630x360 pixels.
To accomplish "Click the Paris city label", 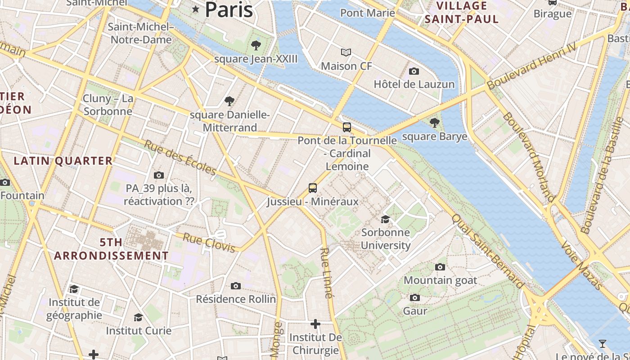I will click(x=229, y=10).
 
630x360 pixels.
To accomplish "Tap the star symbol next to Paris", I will click(x=195, y=9).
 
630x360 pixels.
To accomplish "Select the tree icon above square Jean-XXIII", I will click(x=256, y=45).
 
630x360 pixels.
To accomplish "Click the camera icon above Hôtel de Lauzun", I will click(x=414, y=71).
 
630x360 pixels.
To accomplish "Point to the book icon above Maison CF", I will click(x=346, y=53).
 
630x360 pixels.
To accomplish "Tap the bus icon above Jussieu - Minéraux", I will click(x=313, y=188).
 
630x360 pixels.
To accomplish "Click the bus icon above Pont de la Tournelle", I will click(x=346, y=127).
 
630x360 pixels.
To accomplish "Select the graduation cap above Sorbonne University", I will click(x=385, y=219).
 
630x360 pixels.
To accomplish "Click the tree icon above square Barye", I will click(x=434, y=122).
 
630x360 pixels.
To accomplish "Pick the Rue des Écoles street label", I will click(x=180, y=157).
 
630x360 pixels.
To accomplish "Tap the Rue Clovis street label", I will click(x=209, y=243).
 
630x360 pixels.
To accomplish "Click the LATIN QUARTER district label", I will click(x=63, y=161).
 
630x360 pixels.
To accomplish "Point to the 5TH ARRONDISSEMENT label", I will click(x=111, y=249).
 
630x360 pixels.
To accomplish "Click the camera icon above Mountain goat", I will click(x=440, y=267).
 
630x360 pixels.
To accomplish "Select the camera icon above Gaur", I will click(x=415, y=298).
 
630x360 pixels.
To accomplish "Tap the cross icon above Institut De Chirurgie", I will click(x=315, y=324).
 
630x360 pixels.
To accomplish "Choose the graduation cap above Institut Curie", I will click(x=139, y=318).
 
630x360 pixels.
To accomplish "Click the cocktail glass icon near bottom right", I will click(x=602, y=344).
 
